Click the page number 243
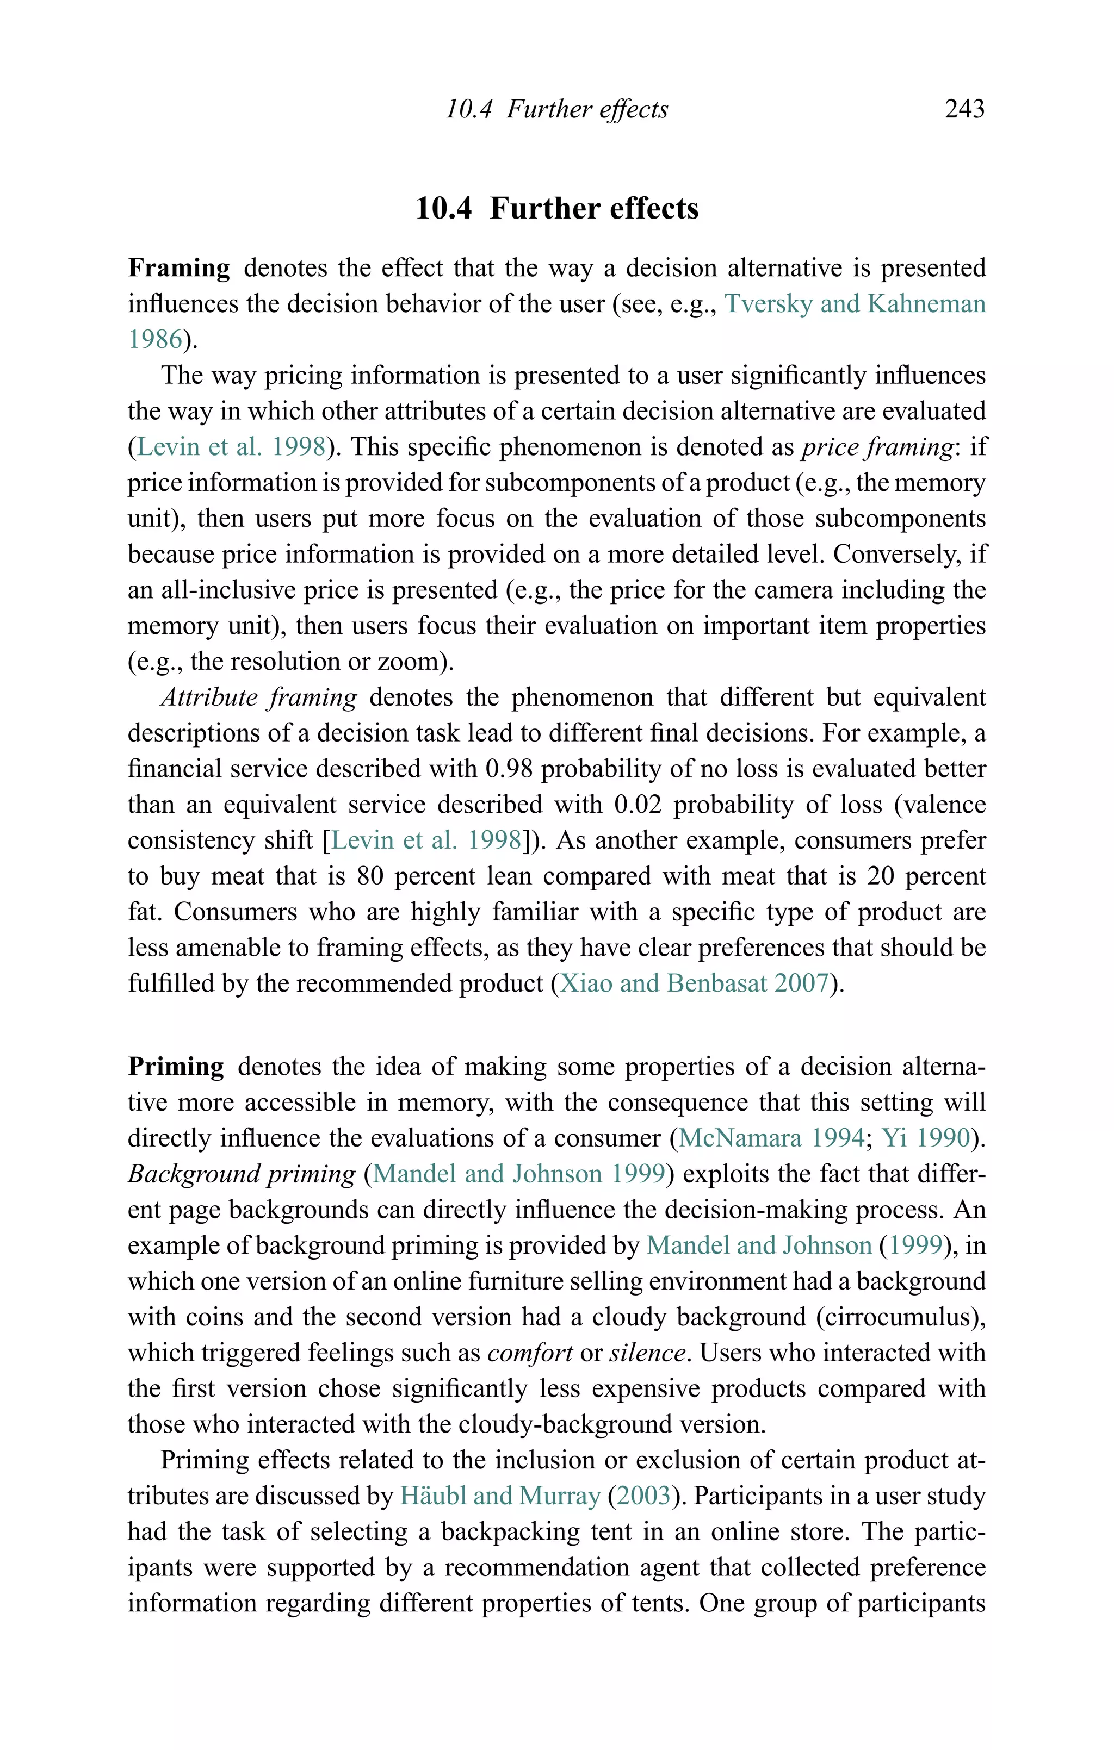click(964, 109)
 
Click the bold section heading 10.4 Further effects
click(556, 209)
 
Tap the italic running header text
click(556, 109)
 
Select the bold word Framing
click(179, 268)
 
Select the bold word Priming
click(176, 1066)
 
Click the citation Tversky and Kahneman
click(855, 304)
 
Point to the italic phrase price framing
click(877, 447)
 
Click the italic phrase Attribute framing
click(259, 697)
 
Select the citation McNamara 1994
click(771, 1138)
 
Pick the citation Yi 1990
click(926, 1138)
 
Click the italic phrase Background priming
click(242, 1174)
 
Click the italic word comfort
click(530, 1353)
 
